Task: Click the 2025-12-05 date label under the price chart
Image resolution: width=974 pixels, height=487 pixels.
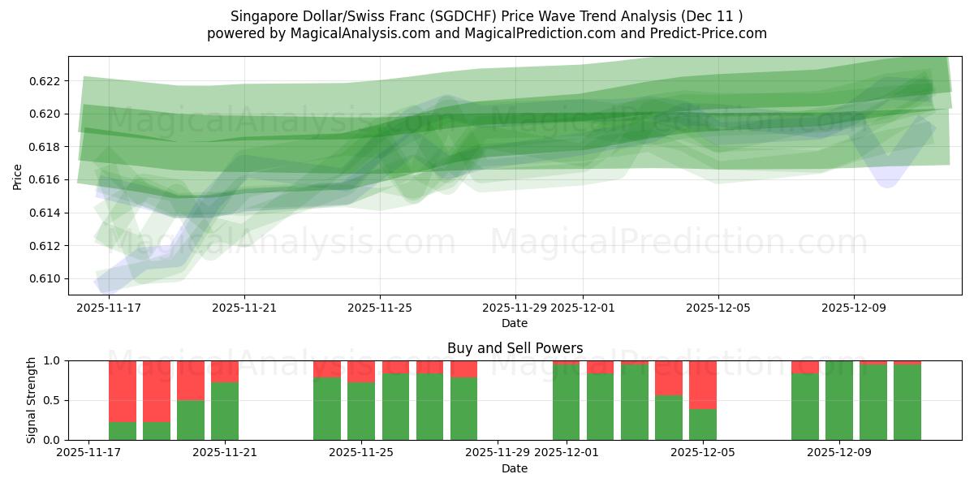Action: click(718, 308)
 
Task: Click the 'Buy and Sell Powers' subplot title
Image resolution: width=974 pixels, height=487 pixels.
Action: click(515, 348)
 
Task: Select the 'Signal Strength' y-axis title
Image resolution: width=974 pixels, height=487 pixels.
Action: click(31, 400)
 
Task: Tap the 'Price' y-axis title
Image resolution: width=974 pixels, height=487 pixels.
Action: click(18, 175)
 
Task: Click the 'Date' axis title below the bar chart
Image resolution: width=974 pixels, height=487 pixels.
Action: click(515, 468)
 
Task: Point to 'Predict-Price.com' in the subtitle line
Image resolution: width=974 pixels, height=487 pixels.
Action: click(712, 33)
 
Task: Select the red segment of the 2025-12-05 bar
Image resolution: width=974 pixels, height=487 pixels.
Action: click(703, 384)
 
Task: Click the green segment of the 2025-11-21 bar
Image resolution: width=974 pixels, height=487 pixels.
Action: click(225, 411)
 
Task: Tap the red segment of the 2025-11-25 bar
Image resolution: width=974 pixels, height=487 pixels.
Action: click(361, 371)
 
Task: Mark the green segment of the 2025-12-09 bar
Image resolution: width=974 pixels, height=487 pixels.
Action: click(839, 401)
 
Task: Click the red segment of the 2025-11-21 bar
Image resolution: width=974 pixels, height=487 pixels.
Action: click(225, 371)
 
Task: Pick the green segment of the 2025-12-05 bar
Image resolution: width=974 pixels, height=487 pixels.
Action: click(703, 424)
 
